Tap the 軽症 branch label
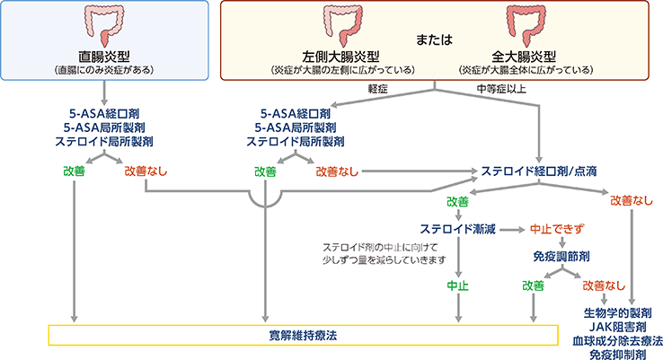pos(378,89)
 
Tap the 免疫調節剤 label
pos(561,256)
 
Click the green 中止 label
pos(458,285)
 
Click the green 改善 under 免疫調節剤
pos(534,285)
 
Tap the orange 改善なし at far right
pos(629,201)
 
